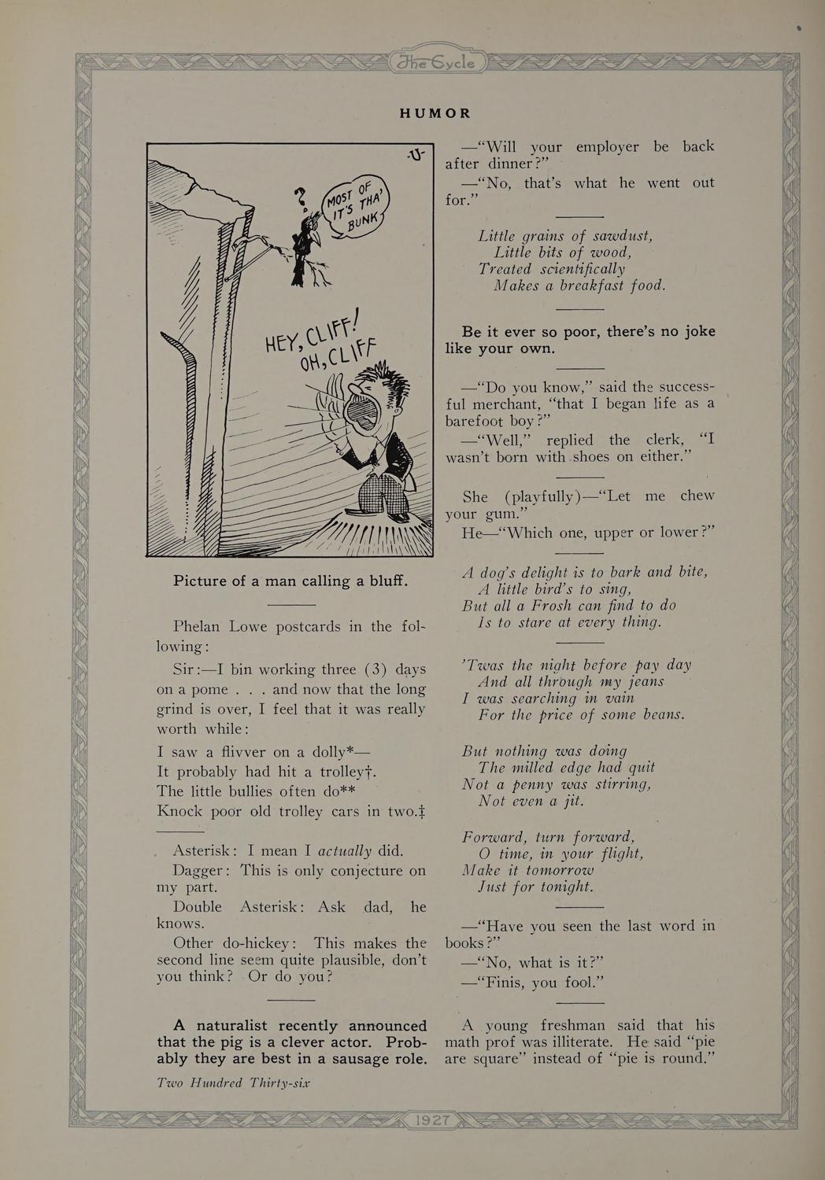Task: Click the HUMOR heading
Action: pyautogui.click(x=435, y=113)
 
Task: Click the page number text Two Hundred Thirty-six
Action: pyautogui.click(x=233, y=1083)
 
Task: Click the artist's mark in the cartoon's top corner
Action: pyautogui.click(x=416, y=153)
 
